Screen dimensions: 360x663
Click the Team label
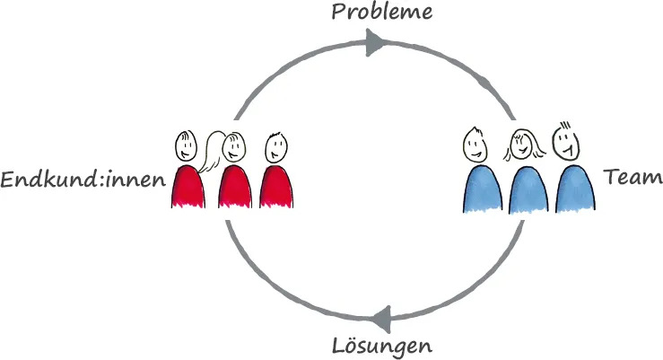(633, 178)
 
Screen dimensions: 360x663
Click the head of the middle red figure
(233, 145)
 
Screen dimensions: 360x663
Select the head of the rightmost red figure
(276, 145)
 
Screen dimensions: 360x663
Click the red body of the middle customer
(235, 186)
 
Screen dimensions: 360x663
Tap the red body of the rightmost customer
(277, 186)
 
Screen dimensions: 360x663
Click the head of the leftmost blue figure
(475, 143)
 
